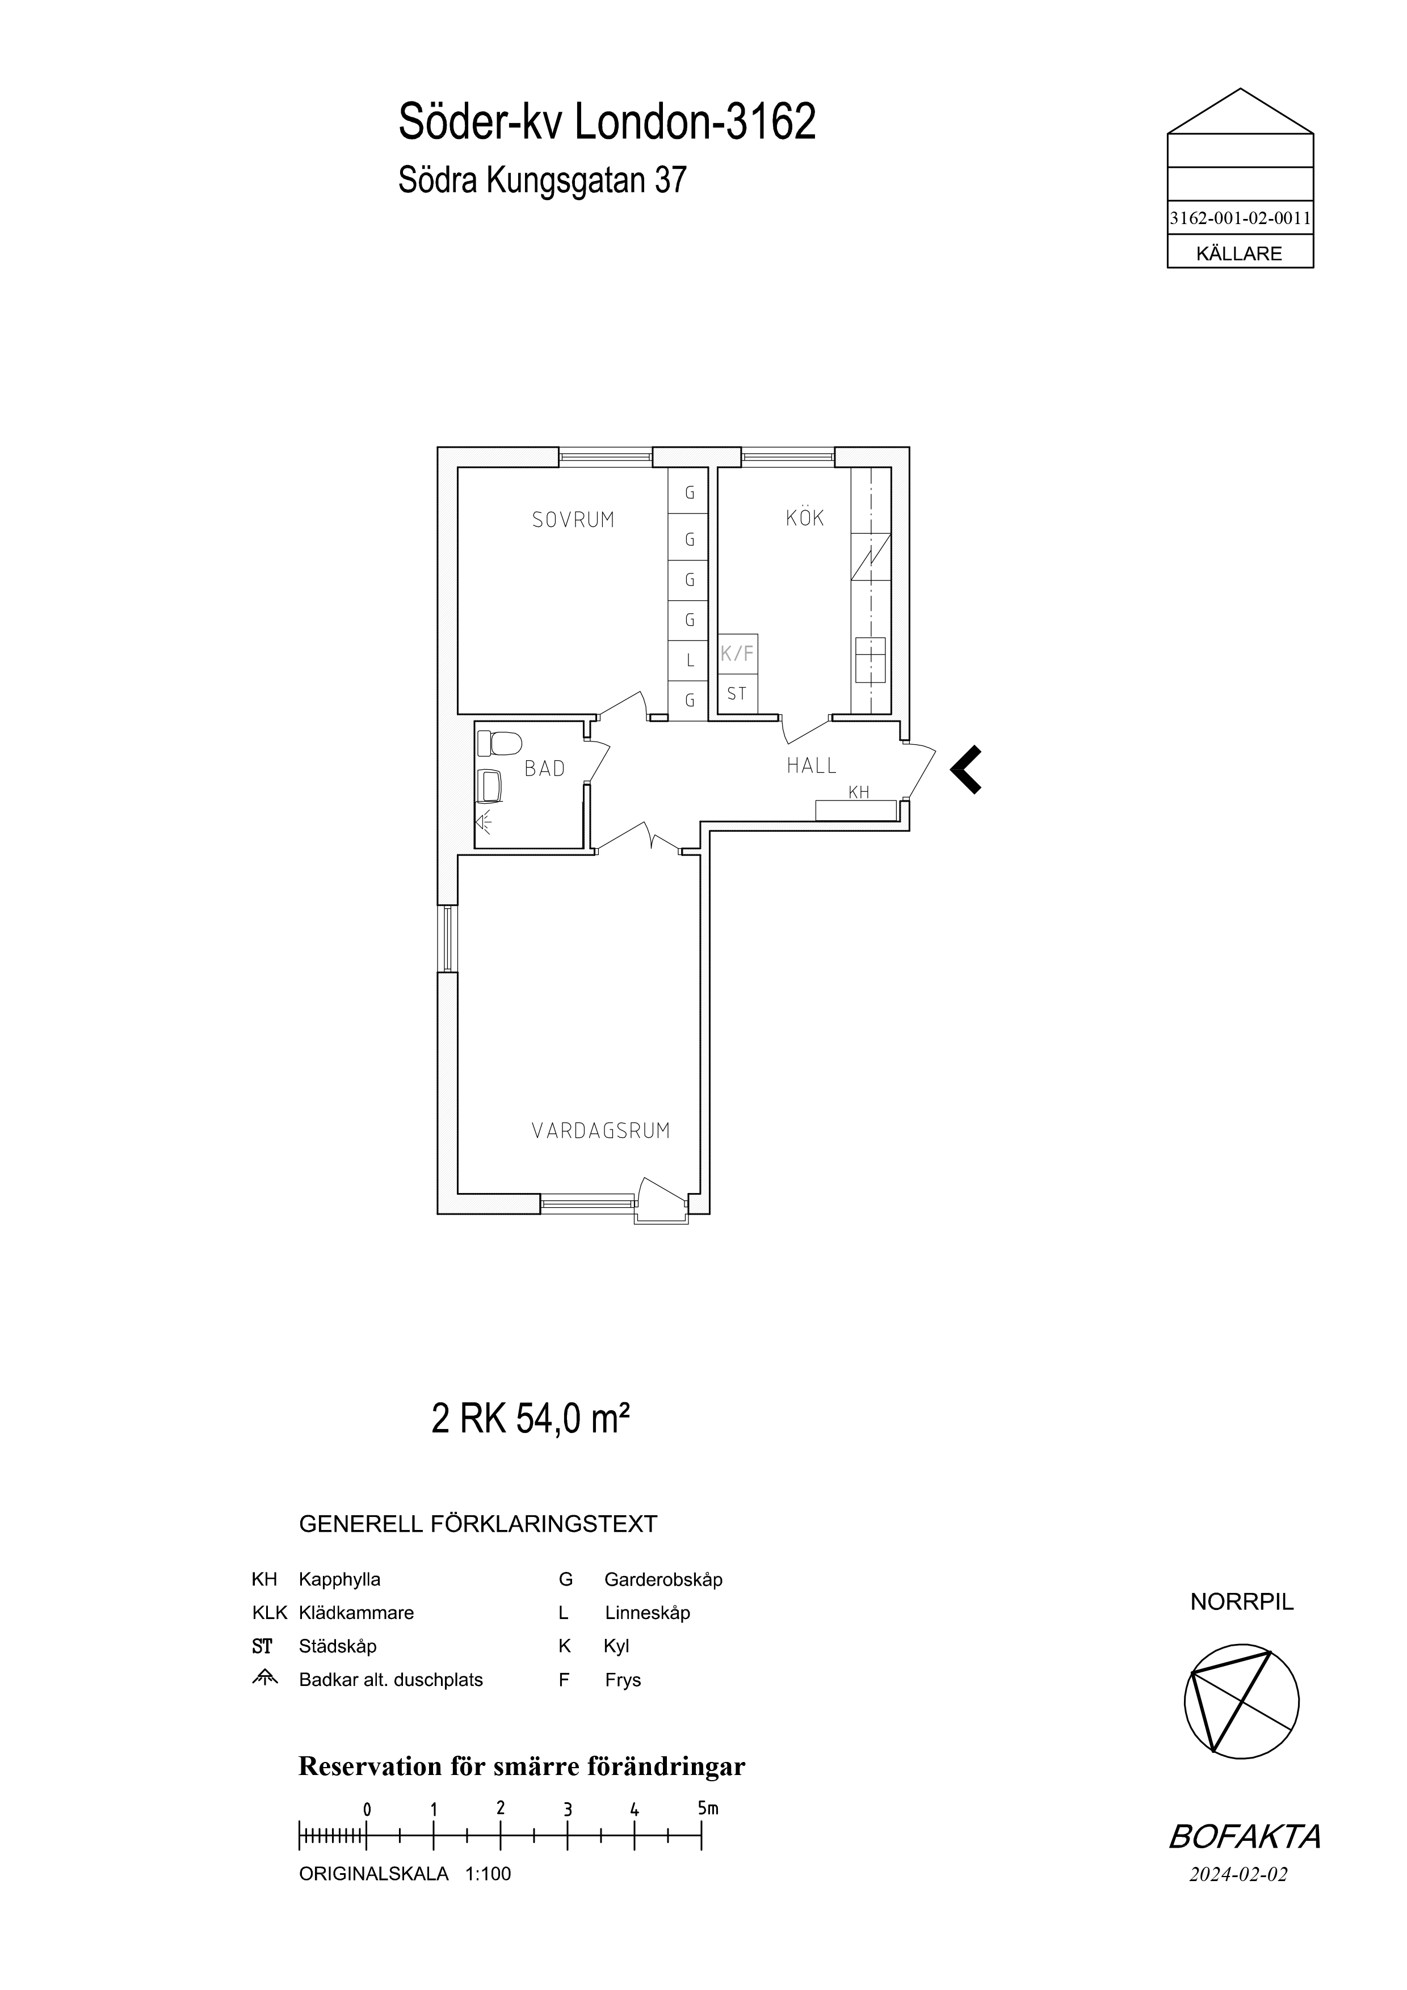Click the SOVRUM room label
click(573, 520)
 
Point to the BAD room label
click(544, 769)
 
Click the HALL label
click(812, 765)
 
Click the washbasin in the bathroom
click(491, 785)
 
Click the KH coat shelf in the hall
click(856, 810)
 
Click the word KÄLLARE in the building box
click(1239, 254)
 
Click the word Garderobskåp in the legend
click(663, 1579)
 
